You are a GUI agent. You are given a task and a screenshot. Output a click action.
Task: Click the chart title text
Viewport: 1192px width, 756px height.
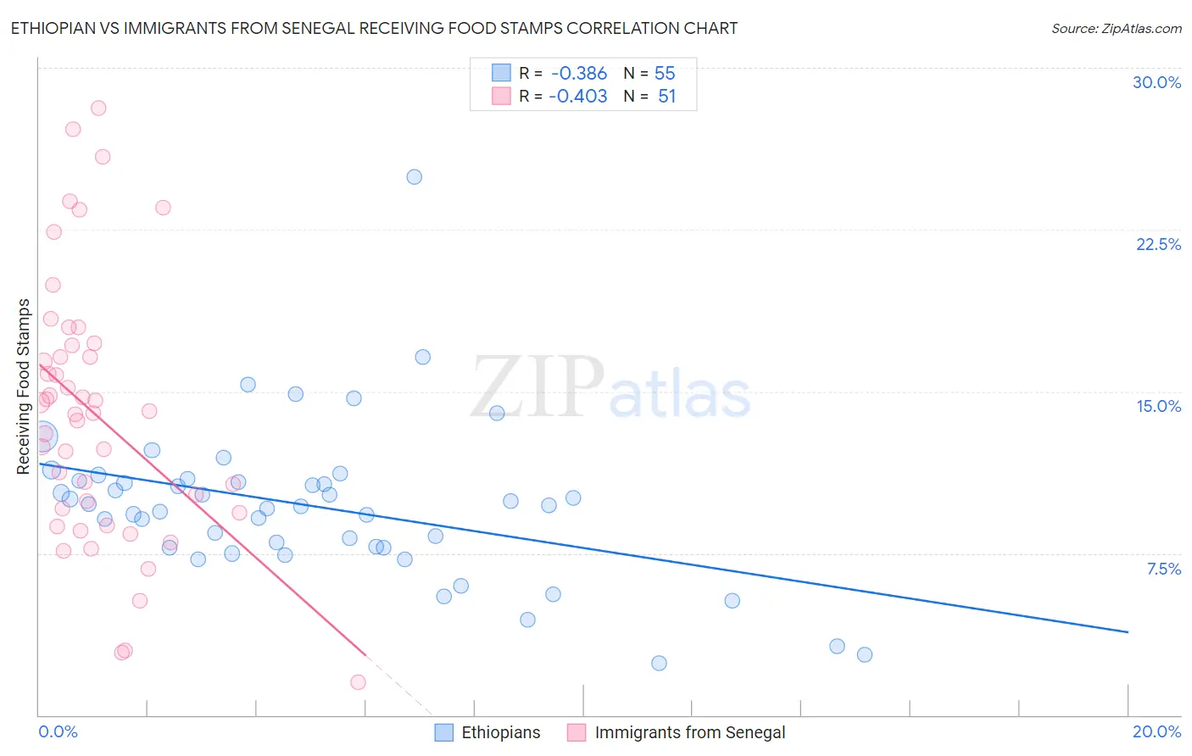point(374,28)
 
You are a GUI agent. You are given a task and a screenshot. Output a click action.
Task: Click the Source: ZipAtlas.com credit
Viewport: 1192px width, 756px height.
point(1116,28)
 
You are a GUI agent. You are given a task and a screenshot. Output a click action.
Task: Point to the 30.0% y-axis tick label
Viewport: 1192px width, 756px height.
point(1156,82)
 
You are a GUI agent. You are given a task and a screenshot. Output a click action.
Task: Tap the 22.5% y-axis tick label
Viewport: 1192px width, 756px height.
point(1158,244)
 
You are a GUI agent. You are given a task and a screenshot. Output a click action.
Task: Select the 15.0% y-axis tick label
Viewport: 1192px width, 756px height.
point(1158,406)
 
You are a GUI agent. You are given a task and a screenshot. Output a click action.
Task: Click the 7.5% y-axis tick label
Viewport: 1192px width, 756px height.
point(1163,569)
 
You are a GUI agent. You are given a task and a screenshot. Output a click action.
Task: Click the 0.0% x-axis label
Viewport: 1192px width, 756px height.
point(58,731)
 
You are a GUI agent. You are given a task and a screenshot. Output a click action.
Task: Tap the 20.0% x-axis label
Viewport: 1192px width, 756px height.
point(1156,731)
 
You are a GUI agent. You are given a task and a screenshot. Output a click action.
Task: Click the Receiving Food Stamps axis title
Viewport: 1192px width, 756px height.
point(24,386)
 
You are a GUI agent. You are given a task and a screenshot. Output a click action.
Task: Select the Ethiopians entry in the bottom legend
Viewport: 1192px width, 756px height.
point(500,732)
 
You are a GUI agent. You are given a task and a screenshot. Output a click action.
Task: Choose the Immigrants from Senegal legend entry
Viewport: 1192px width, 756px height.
point(689,732)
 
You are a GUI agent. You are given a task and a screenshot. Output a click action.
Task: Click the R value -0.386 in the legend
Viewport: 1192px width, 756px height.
point(579,74)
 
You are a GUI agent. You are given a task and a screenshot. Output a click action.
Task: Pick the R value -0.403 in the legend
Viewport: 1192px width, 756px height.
point(578,97)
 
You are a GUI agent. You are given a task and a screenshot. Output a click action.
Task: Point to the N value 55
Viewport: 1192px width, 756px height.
point(665,74)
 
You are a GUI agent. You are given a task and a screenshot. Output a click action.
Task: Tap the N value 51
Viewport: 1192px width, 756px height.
point(666,97)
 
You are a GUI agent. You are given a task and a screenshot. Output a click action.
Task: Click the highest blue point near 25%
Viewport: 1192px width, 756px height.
point(414,177)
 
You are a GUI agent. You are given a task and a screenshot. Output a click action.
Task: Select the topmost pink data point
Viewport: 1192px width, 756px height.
point(98,108)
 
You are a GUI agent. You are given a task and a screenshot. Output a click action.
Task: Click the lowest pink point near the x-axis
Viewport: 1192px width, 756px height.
point(358,682)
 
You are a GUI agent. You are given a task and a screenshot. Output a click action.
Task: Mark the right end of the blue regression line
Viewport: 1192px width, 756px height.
point(1128,632)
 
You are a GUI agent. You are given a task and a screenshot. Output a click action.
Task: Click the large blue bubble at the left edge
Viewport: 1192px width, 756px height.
point(42,436)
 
